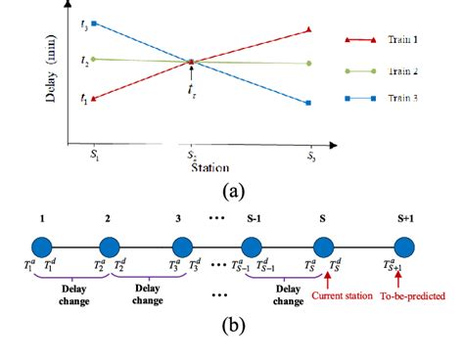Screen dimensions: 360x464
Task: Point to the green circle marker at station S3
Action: pyautogui.click(x=309, y=64)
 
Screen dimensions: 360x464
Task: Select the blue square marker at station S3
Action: pyautogui.click(x=309, y=103)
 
